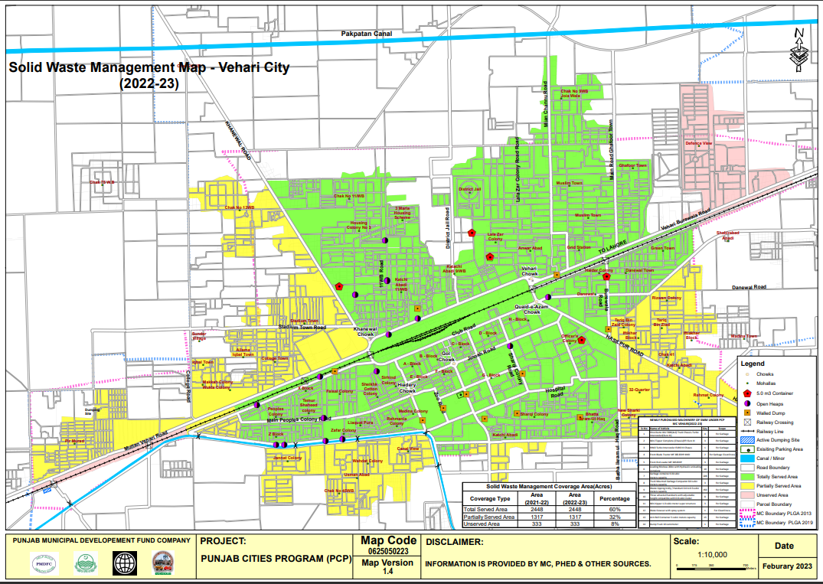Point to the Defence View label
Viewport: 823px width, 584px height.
tap(698, 143)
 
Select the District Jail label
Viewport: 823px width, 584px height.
tap(469, 189)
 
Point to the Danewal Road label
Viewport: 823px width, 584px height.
tap(749, 287)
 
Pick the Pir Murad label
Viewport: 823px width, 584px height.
tap(74, 441)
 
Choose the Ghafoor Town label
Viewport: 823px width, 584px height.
tap(632, 165)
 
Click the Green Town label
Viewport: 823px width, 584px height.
tap(662, 248)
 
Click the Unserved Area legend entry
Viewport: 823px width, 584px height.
tap(774, 494)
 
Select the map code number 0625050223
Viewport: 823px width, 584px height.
tap(387, 551)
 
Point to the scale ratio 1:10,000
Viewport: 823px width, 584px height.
tap(712, 555)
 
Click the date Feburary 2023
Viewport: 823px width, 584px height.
tap(789, 566)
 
